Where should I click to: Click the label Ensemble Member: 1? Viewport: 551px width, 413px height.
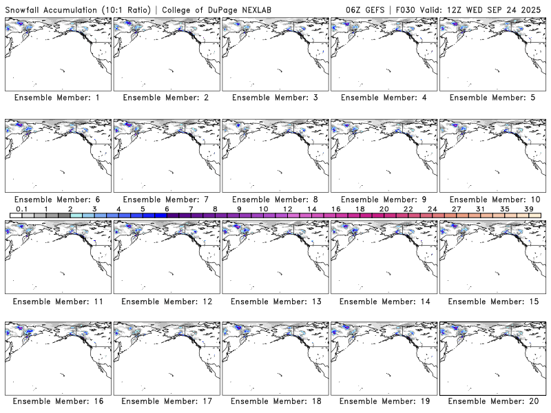pyautogui.click(x=57, y=98)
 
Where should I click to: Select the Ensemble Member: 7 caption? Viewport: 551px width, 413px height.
pyautogui.click(x=166, y=200)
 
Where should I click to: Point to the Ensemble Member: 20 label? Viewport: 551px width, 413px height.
pyautogui.click(x=492, y=401)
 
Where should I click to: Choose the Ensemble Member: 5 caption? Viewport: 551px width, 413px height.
pyautogui.click(x=492, y=98)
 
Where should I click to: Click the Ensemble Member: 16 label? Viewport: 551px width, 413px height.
pyautogui.click(x=57, y=401)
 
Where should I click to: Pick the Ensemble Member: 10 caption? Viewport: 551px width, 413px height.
pyautogui.click(x=492, y=200)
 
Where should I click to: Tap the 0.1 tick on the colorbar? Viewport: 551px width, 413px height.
pyautogui.click(x=21, y=209)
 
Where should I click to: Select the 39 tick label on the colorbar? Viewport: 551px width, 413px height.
pyautogui.click(x=528, y=209)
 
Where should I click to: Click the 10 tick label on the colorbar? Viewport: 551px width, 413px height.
pyautogui.click(x=263, y=209)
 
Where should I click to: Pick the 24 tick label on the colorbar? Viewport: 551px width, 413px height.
pyautogui.click(x=432, y=209)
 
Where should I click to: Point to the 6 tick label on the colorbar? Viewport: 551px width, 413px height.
pyautogui.click(x=167, y=209)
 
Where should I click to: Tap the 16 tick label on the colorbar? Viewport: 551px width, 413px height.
pyautogui.click(x=335, y=209)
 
